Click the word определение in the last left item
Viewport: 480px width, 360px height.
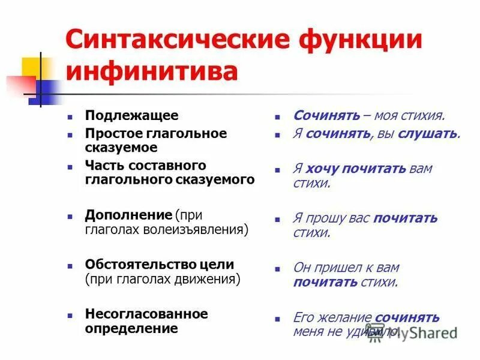131,328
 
